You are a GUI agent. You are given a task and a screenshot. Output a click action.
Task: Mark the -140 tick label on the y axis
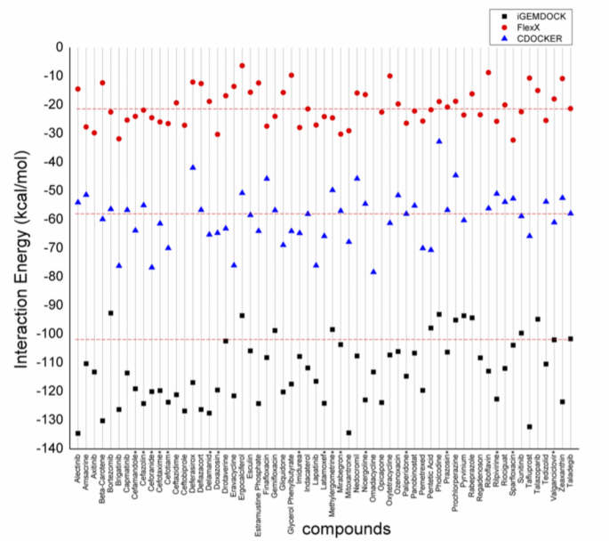[52, 448]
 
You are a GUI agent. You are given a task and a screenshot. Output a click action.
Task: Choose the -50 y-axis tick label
[54, 190]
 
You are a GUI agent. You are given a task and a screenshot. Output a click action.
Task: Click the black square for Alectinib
[78, 433]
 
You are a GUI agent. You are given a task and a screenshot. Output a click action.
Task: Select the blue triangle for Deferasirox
[193, 167]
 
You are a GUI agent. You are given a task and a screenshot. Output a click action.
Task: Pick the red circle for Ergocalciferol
[242, 66]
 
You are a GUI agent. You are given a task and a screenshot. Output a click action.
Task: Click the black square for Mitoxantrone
[349, 433]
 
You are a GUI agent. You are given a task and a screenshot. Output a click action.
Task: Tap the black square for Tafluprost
[529, 427]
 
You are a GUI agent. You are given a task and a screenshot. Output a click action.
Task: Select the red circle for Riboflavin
[488, 72]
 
